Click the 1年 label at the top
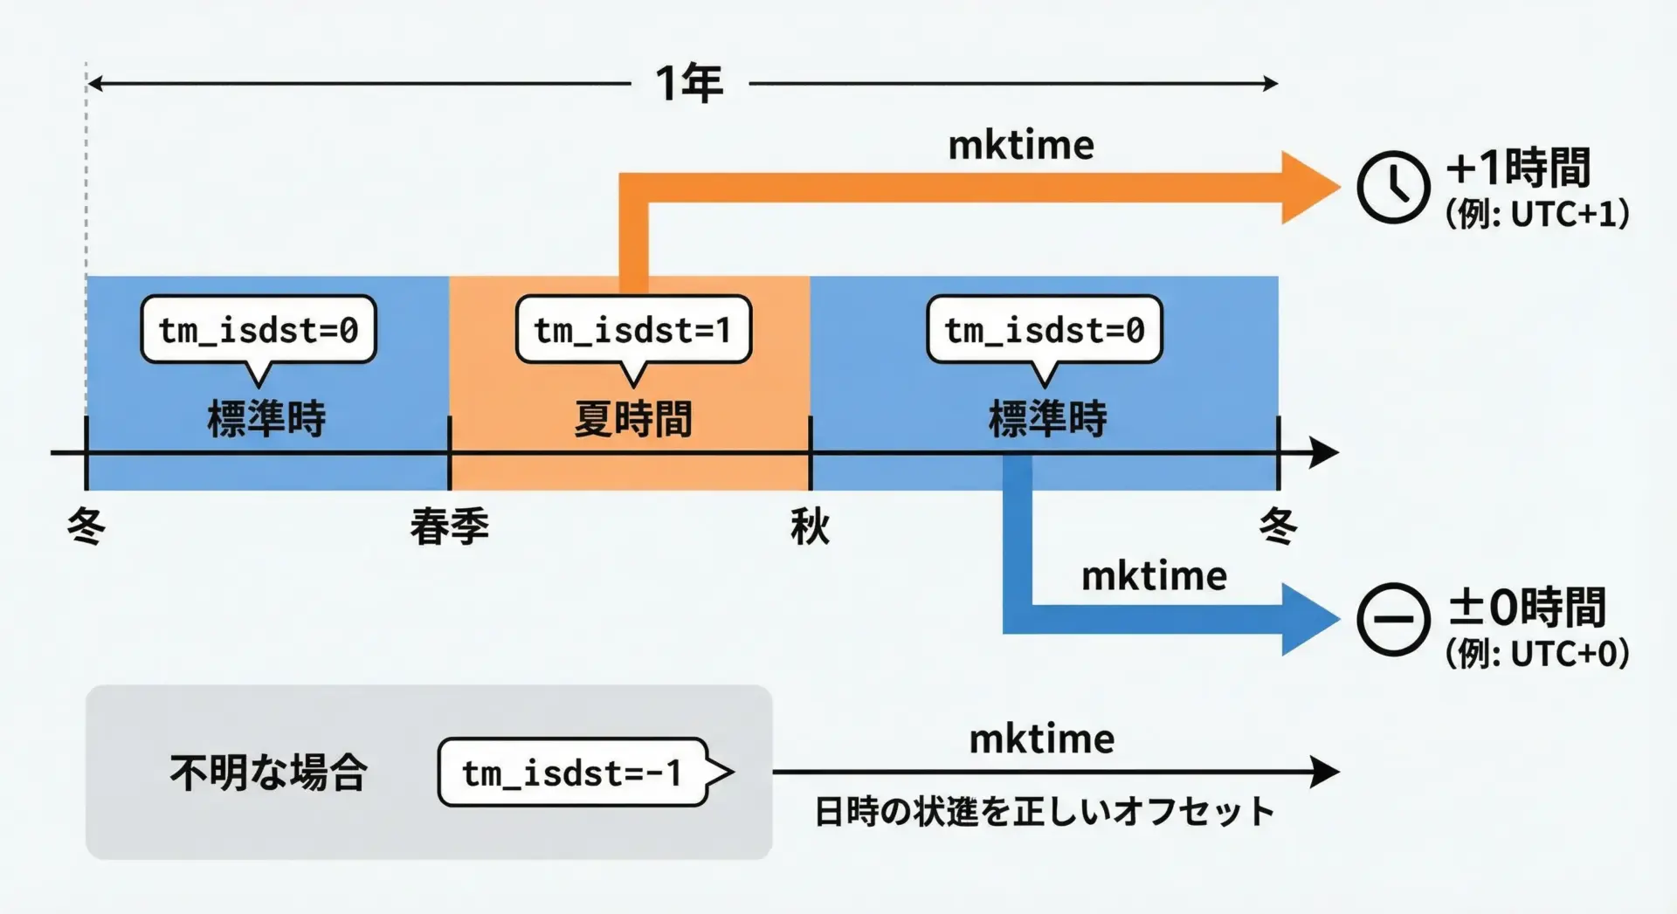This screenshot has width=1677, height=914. (689, 84)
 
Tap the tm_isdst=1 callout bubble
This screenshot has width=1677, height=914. (633, 330)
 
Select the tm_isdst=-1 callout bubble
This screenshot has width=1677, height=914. (573, 773)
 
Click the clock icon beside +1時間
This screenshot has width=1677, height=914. (1393, 187)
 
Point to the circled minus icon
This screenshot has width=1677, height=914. (1393, 620)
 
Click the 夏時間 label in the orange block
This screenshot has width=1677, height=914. (633, 419)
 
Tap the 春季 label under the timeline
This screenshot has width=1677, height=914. (450, 527)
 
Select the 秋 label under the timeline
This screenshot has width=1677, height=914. (810, 527)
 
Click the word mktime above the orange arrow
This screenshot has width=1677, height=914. (1021, 145)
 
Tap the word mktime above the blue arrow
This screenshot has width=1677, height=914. (1154, 576)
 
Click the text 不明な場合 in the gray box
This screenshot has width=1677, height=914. (269, 773)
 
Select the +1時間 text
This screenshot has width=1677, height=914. (1518, 168)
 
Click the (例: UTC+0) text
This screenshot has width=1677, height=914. (1537, 653)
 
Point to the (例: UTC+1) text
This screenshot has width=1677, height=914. (1537, 214)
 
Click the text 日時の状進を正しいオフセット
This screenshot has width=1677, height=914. (1044, 812)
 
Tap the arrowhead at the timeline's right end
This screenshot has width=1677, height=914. (1324, 453)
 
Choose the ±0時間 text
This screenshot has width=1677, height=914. (1527, 608)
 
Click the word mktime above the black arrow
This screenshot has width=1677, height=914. (1042, 739)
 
